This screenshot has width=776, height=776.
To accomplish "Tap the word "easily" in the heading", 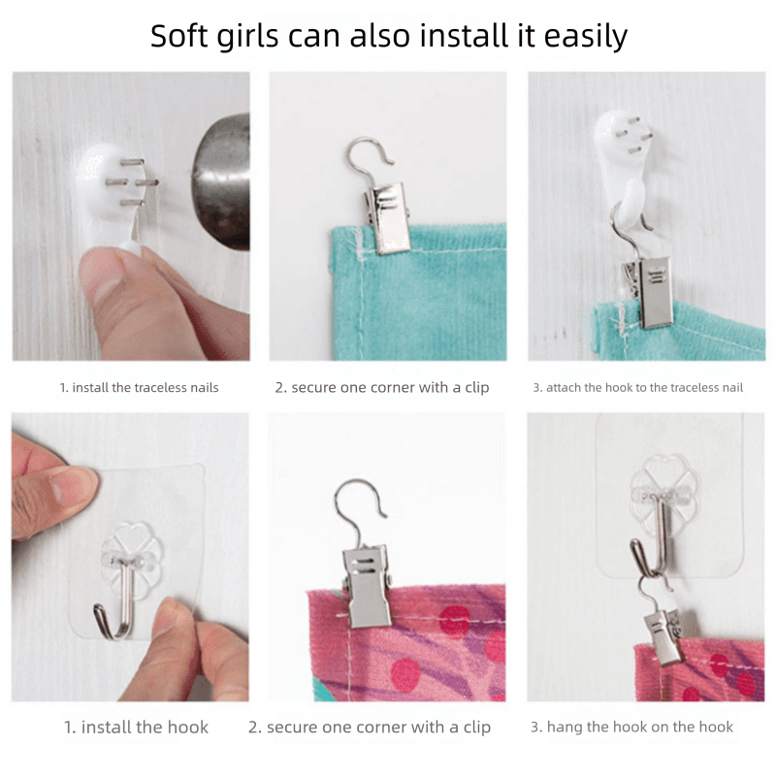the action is [x=586, y=37].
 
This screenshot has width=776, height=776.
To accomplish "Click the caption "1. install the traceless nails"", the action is [x=139, y=387].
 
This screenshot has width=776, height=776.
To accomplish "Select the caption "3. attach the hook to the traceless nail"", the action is [x=638, y=387].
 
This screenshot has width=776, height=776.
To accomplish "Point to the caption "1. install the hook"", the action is [x=136, y=727].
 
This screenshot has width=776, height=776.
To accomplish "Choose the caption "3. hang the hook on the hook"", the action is [x=632, y=727].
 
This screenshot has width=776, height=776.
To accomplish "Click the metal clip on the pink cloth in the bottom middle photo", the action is [x=367, y=587].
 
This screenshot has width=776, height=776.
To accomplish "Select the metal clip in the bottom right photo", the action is [x=664, y=636].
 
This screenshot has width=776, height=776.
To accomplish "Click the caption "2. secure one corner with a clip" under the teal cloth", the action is [x=382, y=387].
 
